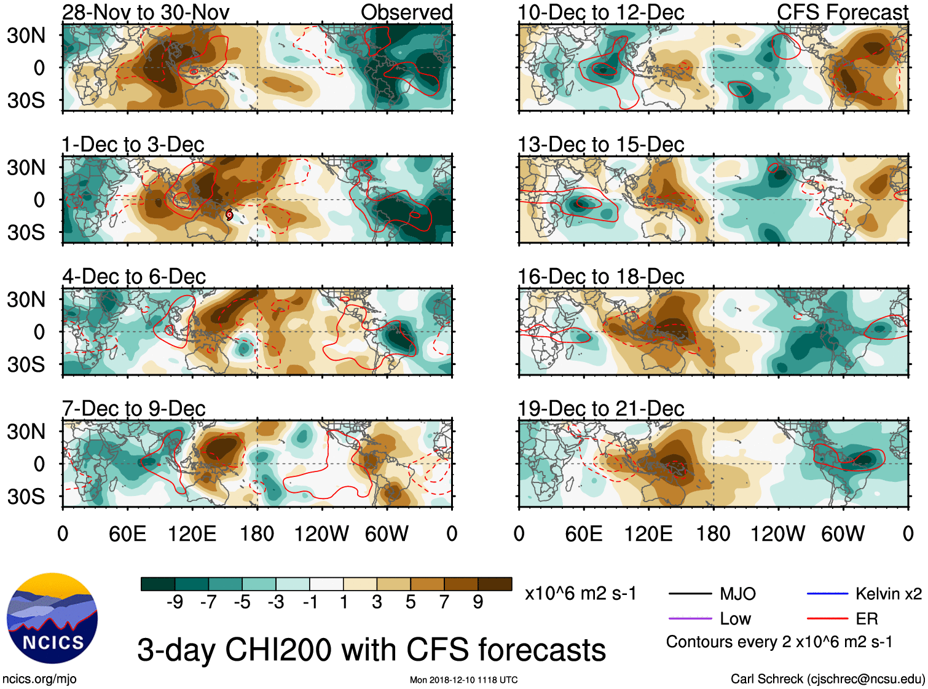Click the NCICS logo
tap(52, 618)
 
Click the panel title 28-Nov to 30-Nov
tap(146, 12)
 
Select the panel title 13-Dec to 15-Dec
tap(601, 144)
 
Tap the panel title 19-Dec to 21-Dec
tap(601, 409)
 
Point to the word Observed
tap(406, 12)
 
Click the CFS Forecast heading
tap(842, 12)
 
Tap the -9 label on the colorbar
tap(175, 602)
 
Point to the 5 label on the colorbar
tap(411, 602)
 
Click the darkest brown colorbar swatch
tap(495, 584)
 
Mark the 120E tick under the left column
tap(192, 533)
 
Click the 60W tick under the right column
tap(843, 533)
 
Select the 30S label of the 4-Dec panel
tap(26, 364)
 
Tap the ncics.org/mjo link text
tap(39, 679)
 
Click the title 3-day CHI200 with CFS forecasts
tap(371, 650)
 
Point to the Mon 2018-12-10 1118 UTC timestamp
tap(463, 680)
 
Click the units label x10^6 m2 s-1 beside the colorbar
tap(580, 594)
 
